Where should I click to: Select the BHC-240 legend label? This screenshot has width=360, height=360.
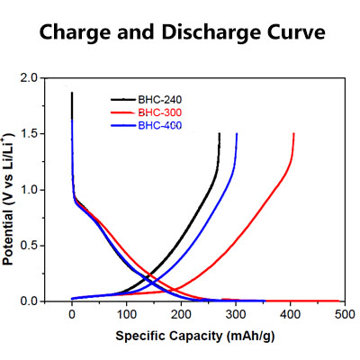pyautogui.click(x=158, y=99)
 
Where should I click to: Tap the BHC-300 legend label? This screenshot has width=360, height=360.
pyautogui.click(x=158, y=112)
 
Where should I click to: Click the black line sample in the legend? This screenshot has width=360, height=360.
pyautogui.click(x=122, y=99)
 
